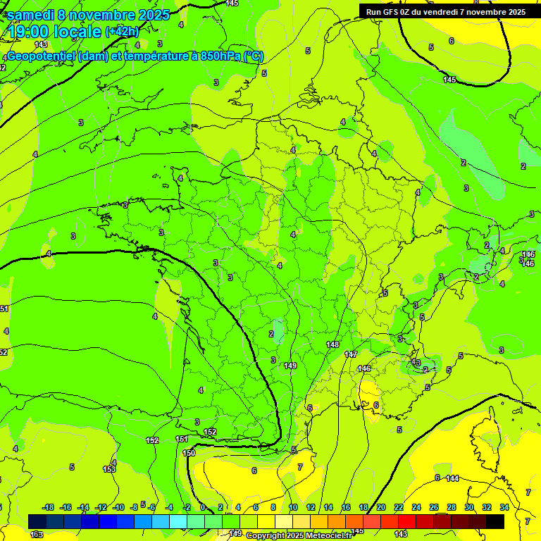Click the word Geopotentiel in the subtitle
click(x=41, y=56)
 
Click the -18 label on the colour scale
click(x=49, y=507)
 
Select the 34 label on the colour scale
click(x=504, y=507)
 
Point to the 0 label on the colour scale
click(x=203, y=507)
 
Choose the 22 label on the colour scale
click(x=399, y=507)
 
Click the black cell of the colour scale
click(x=495, y=521)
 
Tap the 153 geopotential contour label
click(x=109, y=469)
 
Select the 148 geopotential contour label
click(x=333, y=344)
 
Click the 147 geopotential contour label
click(x=351, y=354)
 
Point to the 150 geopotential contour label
click(x=188, y=453)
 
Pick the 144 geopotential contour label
click(x=453, y=478)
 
